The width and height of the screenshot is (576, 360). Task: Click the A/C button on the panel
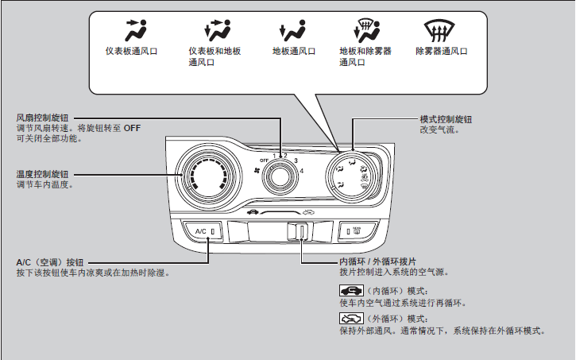pos(201,231)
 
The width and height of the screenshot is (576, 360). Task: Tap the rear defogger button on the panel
pos(355,231)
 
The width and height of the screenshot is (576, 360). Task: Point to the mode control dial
pos(351,174)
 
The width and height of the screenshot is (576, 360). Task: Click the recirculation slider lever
pos(302,231)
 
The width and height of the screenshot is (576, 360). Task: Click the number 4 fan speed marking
pos(302,171)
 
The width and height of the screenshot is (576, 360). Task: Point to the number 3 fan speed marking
pos(296,161)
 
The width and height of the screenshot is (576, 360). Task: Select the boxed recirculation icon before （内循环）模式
pos(350,292)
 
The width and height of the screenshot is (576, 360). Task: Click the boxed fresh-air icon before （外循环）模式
pos(350,318)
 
